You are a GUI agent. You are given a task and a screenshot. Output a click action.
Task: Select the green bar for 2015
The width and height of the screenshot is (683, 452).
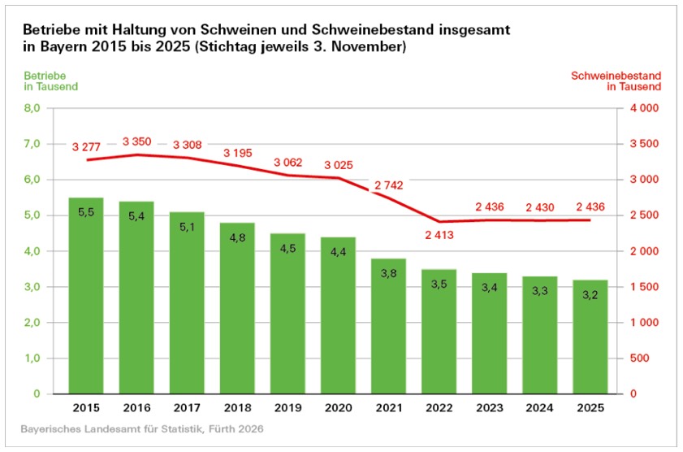(85, 296)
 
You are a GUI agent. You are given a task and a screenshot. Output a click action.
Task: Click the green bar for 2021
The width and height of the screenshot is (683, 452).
(389, 326)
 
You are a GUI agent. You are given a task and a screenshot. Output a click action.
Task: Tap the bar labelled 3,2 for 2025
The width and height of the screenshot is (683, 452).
(590, 337)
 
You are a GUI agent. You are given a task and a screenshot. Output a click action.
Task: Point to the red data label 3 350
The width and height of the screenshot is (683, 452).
(137, 141)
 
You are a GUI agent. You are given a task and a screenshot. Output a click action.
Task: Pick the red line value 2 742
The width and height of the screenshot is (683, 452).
(389, 187)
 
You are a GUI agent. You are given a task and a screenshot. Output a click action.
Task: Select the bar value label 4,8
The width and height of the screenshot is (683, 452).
(237, 238)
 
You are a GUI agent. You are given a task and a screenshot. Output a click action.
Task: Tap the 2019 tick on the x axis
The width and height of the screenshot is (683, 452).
(287, 409)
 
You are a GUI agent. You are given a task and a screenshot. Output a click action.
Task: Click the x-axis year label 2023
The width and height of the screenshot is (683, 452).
(490, 409)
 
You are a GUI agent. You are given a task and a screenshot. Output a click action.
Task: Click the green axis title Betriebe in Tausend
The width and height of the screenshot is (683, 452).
(50, 80)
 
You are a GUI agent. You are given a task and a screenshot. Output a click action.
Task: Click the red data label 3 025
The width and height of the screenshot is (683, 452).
(338, 165)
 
